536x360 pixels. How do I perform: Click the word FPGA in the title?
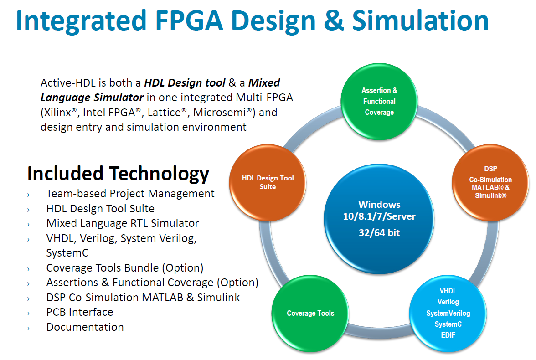pyautogui.click(x=189, y=21)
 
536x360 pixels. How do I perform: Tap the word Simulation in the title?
pyautogui.click(x=420, y=21)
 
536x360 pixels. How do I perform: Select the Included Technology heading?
pyautogui.click(x=118, y=174)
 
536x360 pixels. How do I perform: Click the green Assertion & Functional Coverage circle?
pyautogui.click(x=379, y=102)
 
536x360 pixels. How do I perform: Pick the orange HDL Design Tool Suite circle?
pyautogui.click(x=268, y=183)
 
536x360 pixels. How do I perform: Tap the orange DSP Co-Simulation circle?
pyautogui.click(x=490, y=183)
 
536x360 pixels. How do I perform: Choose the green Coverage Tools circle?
pyautogui.click(x=310, y=314)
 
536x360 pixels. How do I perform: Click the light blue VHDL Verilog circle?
pyautogui.click(x=448, y=314)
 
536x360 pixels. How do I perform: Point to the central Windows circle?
pyautogui.click(x=379, y=219)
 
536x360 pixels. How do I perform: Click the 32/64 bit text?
pyautogui.click(x=379, y=233)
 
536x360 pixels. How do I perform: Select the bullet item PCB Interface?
pyautogui.click(x=80, y=312)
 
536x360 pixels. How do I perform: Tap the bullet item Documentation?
pyautogui.click(x=85, y=327)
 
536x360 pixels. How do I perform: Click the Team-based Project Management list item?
pyautogui.click(x=130, y=194)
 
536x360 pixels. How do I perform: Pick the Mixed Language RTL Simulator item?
pyautogui.click(x=122, y=223)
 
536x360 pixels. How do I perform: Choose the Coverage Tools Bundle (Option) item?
pyautogui.click(x=125, y=268)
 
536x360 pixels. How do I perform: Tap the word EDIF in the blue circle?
pyautogui.click(x=448, y=335)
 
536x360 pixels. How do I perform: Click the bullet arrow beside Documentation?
pyautogui.click(x=28, y=329)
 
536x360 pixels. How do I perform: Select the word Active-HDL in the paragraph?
pyautogui.click(x=68, y=83)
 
